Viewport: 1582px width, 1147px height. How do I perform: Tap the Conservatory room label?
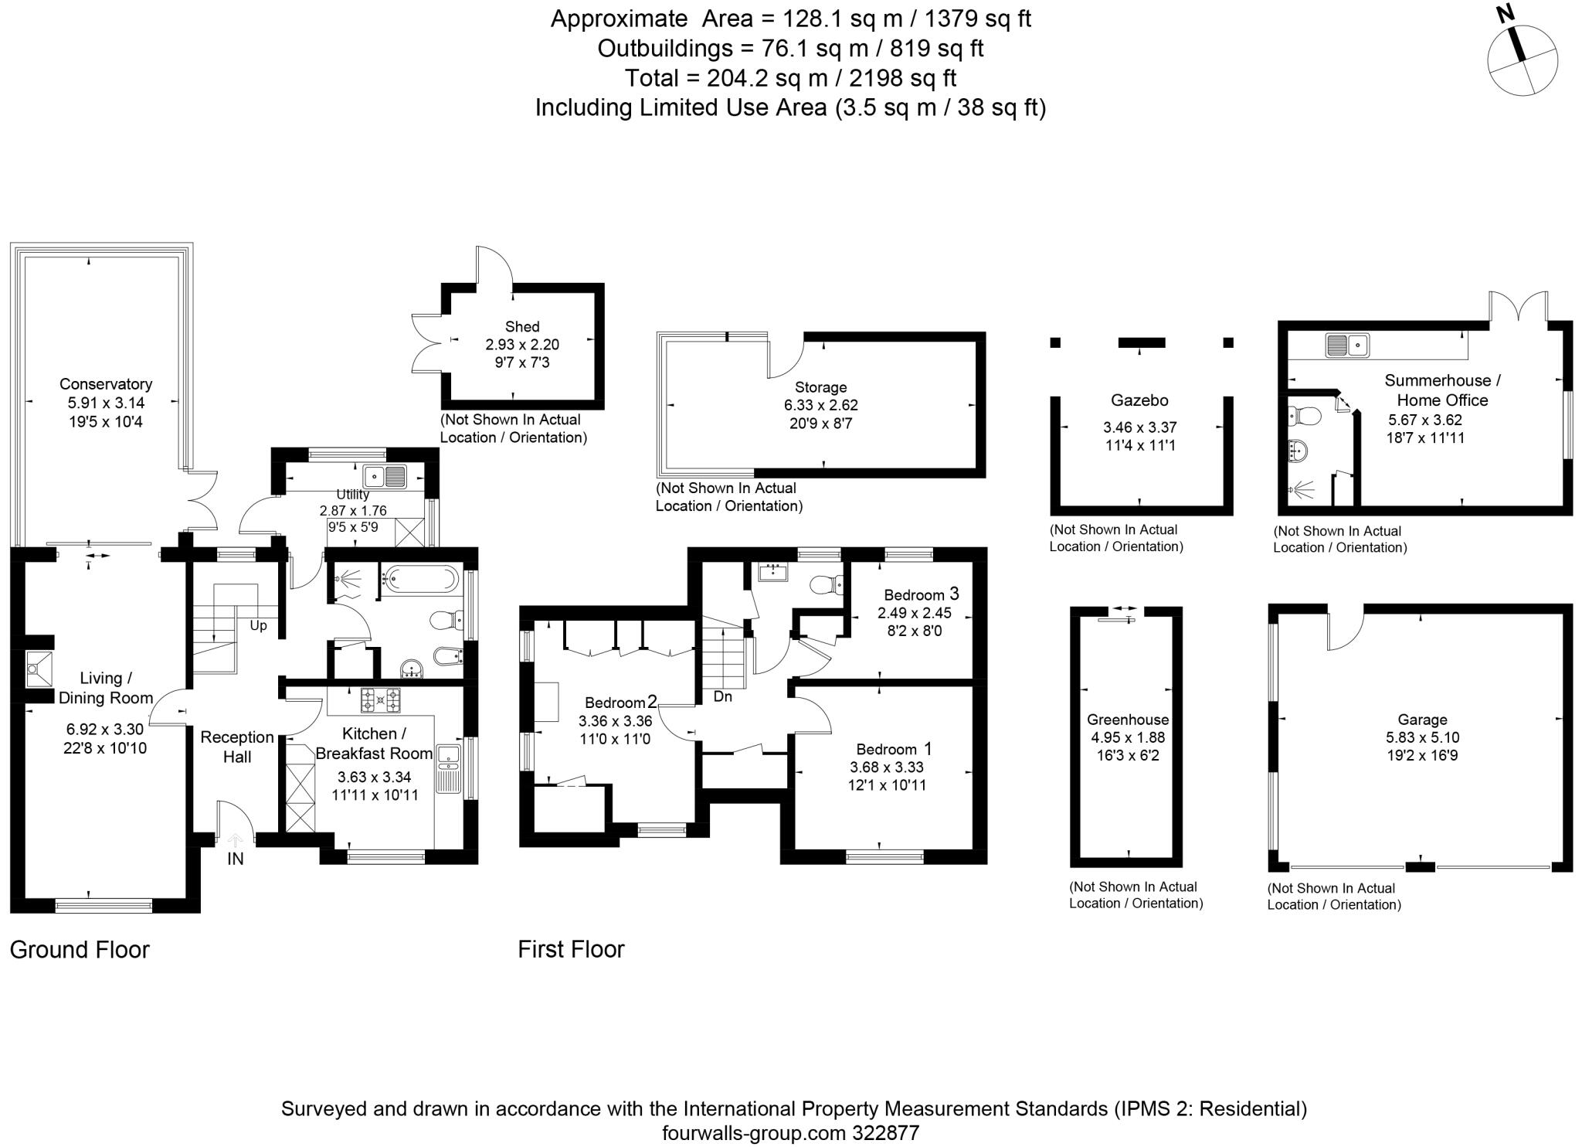pos(106,384)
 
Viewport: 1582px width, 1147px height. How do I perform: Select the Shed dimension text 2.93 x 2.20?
pos(522,345)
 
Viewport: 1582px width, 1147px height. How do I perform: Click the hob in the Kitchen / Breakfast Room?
pos(380,699)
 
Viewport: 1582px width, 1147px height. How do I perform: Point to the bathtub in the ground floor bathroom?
pos(422,578)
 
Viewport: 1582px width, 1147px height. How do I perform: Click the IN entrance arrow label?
pos(235,858)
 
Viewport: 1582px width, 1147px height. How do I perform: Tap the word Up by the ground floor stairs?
pos(258,625)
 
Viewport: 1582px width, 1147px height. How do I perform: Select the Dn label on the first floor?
pos(722,696)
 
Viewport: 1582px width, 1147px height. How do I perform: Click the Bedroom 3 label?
pos(921,594)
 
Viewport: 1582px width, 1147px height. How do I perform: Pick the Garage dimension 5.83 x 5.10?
pos(1422,738)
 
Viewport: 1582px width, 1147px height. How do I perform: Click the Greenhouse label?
pos(1128,720)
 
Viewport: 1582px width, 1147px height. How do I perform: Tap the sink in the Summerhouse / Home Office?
pos(1347,345)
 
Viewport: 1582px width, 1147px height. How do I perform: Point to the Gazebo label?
pos(1139,400)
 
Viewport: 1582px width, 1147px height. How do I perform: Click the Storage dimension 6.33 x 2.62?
pos(820,405)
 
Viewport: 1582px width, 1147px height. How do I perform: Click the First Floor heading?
pos(571,949)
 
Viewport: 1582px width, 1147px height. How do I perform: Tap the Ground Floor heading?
pos(80,950)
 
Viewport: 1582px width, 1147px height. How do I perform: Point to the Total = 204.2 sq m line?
pos(790,78)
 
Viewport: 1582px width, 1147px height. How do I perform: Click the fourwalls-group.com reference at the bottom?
pos(790,1133)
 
